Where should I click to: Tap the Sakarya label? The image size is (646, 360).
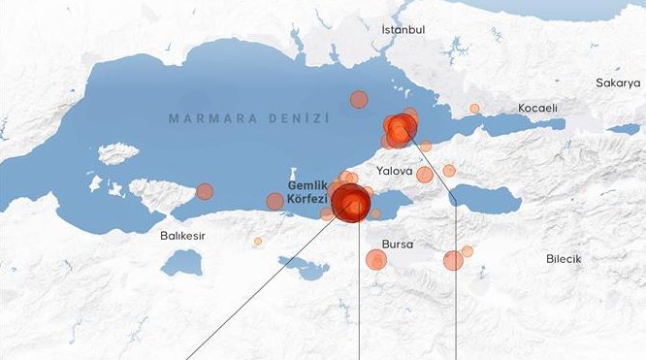(x=618, y=83)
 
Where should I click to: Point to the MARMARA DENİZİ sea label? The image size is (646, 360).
(x=249, y=118)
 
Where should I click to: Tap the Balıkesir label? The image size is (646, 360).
(x=182, y=235)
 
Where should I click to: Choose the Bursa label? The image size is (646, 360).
(x=398, y=245)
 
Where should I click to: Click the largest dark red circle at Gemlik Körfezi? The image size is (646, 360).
(x=350, y=203)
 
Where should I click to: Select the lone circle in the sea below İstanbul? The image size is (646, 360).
(x=359, y=99)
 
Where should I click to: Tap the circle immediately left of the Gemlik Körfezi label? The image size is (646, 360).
(x=275, y=201)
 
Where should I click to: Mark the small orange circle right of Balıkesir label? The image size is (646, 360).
(x=258, y=241)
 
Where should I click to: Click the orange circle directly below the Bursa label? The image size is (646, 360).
(x=376, y=259)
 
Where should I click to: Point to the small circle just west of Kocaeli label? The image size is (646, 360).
(x=474, y=109)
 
